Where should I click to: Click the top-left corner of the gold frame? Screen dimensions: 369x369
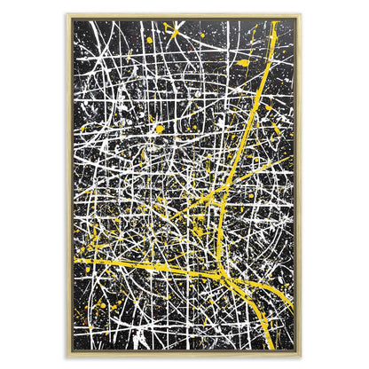point(67,15)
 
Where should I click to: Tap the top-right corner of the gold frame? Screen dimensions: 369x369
point(302,15)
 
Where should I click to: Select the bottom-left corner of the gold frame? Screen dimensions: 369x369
point(67,354)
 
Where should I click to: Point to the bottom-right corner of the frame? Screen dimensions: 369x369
point(302,354)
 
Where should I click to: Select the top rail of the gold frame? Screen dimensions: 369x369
point(184,16)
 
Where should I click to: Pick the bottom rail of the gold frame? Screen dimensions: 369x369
point(184,352)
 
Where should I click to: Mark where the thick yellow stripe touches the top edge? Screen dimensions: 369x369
point(274,21)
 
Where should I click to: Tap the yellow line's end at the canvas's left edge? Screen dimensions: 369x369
point(74,261)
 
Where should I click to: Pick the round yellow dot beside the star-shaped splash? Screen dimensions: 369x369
point(149,40)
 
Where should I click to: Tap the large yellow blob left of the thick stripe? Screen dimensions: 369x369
point(243,63)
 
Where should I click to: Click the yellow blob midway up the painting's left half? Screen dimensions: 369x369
point(160,129)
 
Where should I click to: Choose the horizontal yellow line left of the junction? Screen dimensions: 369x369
point(142,266)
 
